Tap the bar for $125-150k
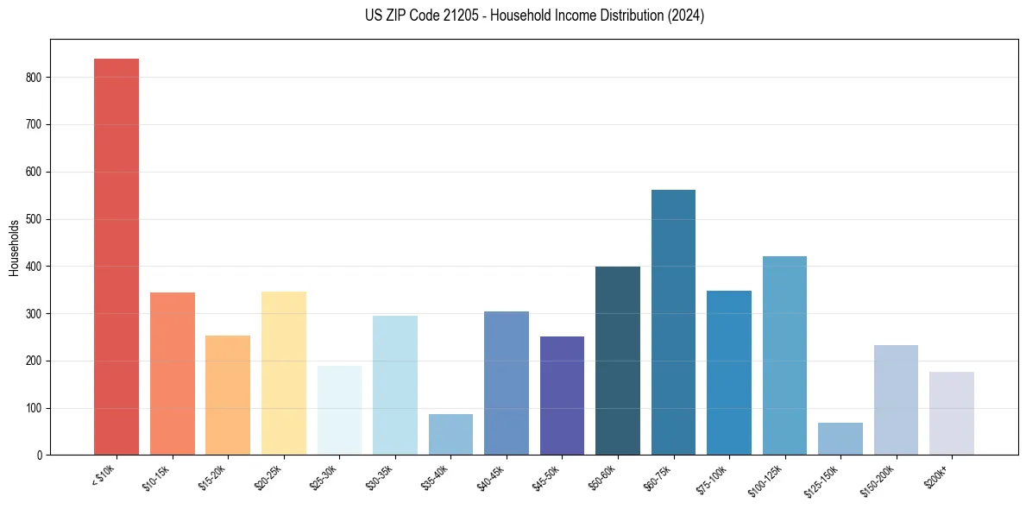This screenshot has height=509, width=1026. tap(840, 438)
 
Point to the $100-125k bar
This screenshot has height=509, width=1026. tap(784, 355)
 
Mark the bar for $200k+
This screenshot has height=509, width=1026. tap(951, 413)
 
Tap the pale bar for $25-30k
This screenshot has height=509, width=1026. tap(339, 410)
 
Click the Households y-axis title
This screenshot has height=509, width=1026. tap(15, 248)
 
